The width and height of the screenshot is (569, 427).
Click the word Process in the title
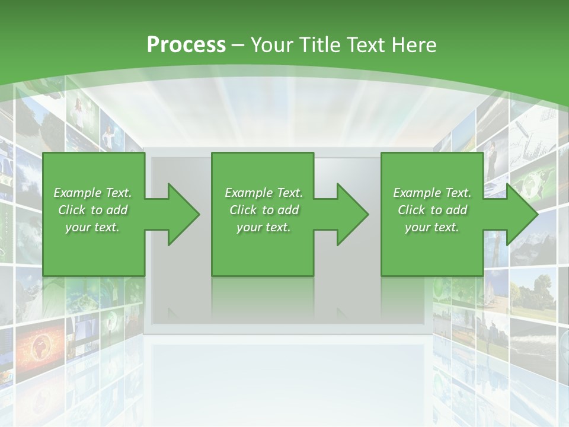(x=186, y=44)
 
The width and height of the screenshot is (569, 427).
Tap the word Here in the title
(x=414, y=44)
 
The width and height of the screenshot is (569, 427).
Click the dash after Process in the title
(x=238, y=45)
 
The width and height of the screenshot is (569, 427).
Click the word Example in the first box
(x=78, y=193)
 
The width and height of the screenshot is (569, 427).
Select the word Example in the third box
(x=417, y=193)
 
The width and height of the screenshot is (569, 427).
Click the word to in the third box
(x=436, y=210)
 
